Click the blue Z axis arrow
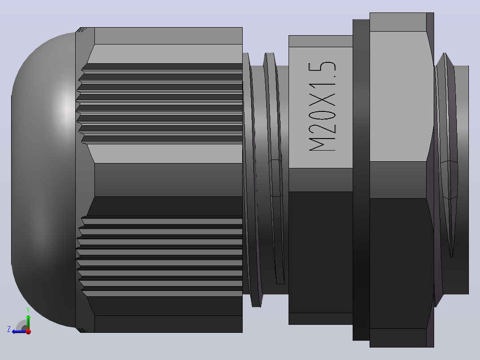pyautogui.click(x=20, y=331)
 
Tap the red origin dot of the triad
pyautogui.click(x=28, y=331)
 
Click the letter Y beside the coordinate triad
pyautogui.click(x=28, y=310)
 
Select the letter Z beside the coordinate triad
pyautogui.click(x=9, y=329)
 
